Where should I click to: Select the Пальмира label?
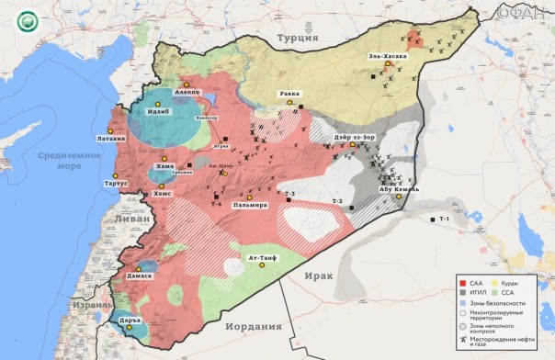tap(250, 205)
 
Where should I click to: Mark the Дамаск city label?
tap(139, 276)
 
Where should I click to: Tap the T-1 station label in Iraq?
tap(444, 219)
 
